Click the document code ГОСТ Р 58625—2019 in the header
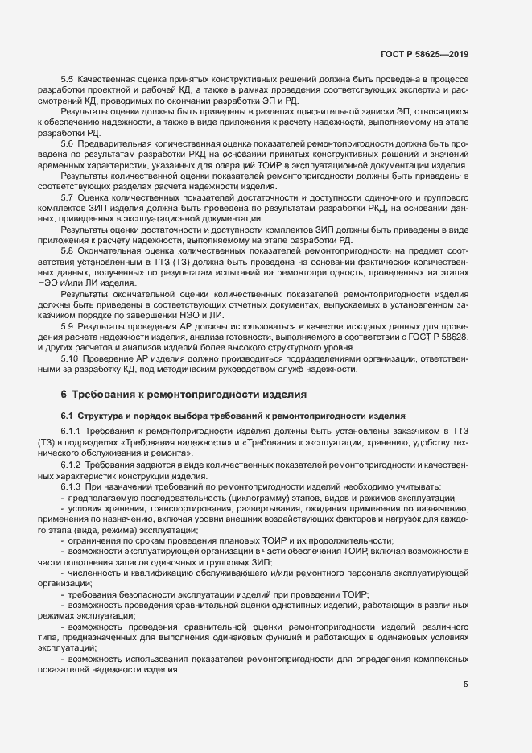(423, 55)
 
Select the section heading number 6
(64, 395)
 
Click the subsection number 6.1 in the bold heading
(67, 416)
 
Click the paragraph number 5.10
(69, 358)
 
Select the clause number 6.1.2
(71, 465)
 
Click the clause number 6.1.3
(71, 487)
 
